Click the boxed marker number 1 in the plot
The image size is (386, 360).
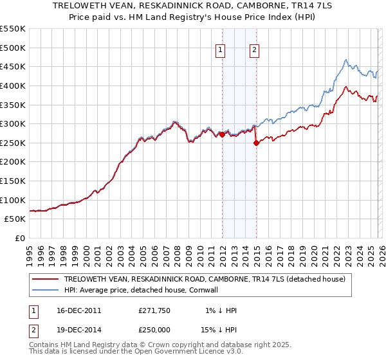[221, 50]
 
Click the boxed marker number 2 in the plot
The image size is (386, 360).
[255, 50]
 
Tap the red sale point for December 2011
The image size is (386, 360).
[222, 134]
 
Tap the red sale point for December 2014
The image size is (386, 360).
[256, 143]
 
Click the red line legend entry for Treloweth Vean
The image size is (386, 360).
[205, 279]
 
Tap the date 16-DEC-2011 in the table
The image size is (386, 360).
[78, 310]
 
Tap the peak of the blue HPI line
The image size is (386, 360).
[345, 60]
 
